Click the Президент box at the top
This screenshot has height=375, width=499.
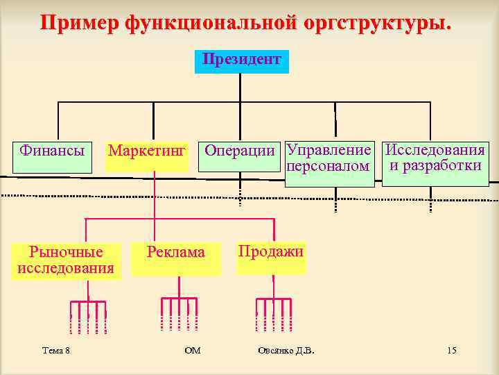(x=241, y=60)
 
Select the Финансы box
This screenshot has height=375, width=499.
(x=52, y=151)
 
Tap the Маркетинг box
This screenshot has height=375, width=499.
(x=148, y=151)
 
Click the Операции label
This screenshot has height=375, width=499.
(x=240, y=151)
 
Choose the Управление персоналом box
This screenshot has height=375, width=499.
(x=329, y=158)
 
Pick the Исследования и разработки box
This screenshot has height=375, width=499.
(x=435, y=158)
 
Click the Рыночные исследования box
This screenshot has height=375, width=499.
(x=67, y=260)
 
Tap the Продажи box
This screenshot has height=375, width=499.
(x=270, y=251)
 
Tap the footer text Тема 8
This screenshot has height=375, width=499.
(x=55, y=351)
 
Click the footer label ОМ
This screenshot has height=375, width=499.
(x=193, y=351)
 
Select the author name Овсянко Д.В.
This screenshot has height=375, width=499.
(x=286, y=351)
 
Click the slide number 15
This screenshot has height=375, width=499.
(x=451, y=351)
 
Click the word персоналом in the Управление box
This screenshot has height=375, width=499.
(x=328, y=167)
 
